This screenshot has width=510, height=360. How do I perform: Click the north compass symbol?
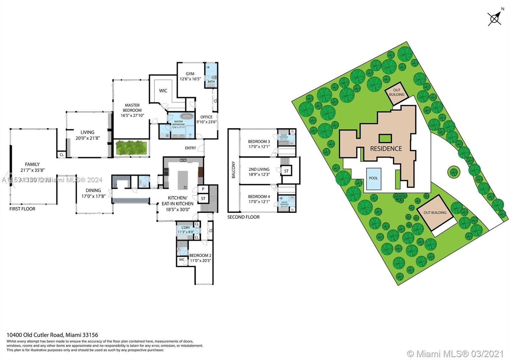494,18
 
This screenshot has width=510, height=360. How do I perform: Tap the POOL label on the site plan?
373,178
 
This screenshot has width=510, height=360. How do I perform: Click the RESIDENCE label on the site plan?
386,148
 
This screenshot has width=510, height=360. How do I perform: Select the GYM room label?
190,74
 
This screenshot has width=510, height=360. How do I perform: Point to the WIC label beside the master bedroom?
163,91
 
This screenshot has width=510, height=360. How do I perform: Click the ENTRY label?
191,148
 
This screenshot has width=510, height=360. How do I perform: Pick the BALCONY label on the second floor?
233,170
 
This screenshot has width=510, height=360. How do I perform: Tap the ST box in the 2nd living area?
286,171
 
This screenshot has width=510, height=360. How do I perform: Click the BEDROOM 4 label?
259,197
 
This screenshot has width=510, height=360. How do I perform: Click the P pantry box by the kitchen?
203,189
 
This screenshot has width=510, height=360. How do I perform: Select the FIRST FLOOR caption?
22,209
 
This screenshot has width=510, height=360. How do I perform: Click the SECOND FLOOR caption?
243,217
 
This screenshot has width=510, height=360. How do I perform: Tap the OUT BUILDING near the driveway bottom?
435,213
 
